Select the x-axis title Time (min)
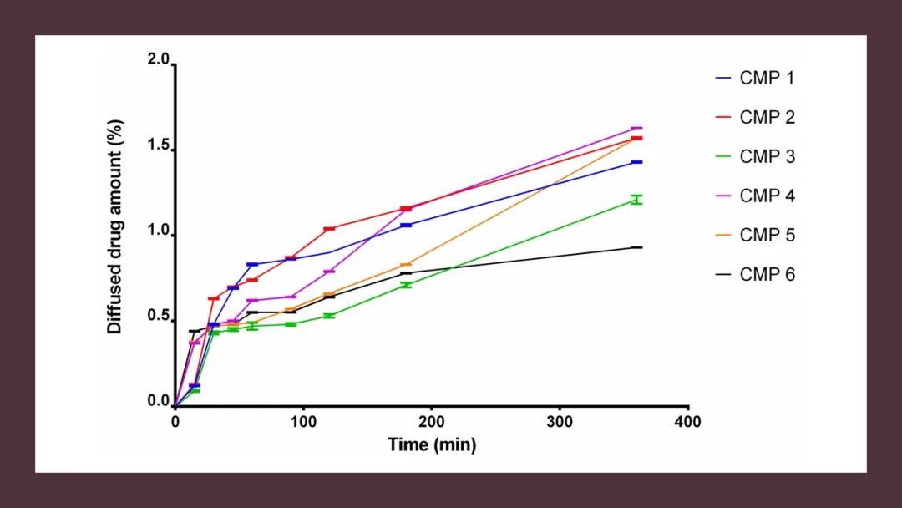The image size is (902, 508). (431, 444)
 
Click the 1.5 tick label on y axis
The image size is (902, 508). (159, 148)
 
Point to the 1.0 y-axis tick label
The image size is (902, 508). (159, 233)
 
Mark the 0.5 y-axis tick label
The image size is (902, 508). (159, 318)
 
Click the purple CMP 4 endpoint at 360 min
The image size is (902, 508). (636, 129)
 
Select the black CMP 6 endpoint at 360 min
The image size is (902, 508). (636, 247)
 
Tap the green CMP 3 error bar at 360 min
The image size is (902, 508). (636, 200)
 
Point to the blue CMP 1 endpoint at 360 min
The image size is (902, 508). (636, 162)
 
